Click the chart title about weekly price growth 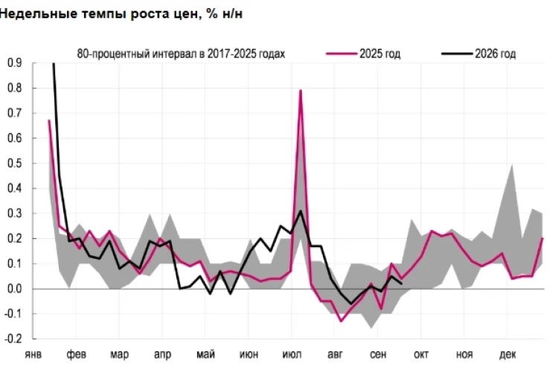point(121,14)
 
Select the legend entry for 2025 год point(363,54)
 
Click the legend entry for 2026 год point(478,54)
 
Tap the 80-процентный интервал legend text point(181,54)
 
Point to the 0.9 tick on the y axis point(15,63)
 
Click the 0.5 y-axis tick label point(15,164)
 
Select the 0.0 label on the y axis point(15,289)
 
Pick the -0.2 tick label point(13,339)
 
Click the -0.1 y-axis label point(13,314)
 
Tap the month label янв point(33,355)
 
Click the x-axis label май point(205,355)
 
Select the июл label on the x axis point(292,355)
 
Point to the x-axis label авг point(335,355)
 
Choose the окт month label point(421,355)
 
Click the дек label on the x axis point(507,355)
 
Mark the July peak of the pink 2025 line point(301,91)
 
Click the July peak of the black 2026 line point(301,211)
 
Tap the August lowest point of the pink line point(341,321)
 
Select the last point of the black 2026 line point(402,283)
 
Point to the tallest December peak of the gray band point(512,164)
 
